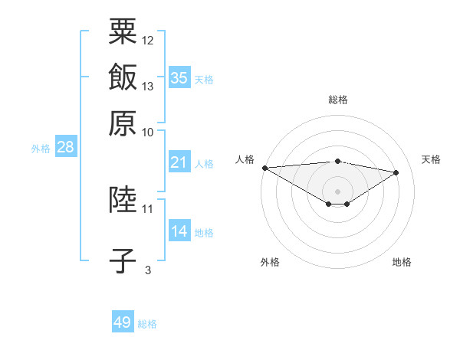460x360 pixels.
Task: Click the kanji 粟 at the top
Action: tap(123, 31)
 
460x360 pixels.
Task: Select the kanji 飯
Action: tap(123, 77)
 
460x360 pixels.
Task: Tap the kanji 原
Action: tap(123, 123)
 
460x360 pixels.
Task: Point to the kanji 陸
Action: tap(123, 199)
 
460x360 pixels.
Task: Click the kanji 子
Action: tap(123, 260)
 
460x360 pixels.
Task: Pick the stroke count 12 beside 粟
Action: tap(147, 41)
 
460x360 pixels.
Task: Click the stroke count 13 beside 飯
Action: tap(147, 87)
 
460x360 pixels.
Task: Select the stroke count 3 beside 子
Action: tap(148, 270)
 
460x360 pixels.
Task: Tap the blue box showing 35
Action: tap(179, 77)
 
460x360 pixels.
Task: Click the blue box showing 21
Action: tap(179, 162)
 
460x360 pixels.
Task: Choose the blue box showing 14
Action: tap(179, 230)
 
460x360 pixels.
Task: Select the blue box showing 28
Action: tap(66, 146)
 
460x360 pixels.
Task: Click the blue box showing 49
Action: tap(123, 321)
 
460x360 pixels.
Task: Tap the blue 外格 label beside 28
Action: tap(41, 149)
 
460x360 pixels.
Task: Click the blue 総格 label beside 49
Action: tap(147, 324)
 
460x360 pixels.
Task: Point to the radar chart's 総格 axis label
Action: tap(338, 100)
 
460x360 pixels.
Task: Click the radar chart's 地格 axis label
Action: tap(402, 262)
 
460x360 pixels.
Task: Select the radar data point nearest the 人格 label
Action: tap(265, 168)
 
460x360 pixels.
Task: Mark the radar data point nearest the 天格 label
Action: tap(396, 172)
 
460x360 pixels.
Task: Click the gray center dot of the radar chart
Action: tap(337, 191)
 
